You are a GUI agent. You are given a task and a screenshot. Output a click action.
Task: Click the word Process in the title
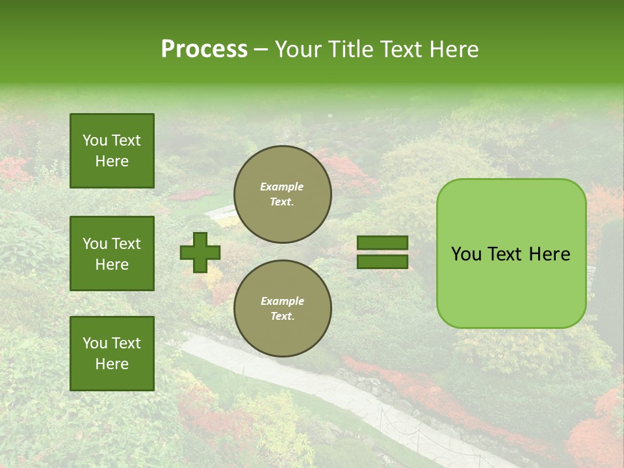click(x=204, y=49)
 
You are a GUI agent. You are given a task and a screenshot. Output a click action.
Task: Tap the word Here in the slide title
click(x=452, y=49)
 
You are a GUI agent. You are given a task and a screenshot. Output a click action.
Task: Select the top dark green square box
click(x=112, y=151)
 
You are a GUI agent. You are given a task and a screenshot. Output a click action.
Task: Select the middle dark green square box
click(x=112, y=253)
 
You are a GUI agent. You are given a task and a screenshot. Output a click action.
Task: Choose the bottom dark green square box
click(x=112, y=354)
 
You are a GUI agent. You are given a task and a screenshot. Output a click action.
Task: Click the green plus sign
click(x=200, y=252)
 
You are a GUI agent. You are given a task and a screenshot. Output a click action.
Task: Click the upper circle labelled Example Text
click(x=283, y=194)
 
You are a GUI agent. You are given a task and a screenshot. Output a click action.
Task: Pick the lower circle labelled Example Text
click(x=283, y=309)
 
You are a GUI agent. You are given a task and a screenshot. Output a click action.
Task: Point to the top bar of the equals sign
click(x=382, y=243)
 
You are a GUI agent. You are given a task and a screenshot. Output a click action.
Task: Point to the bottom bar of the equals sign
click(x=382, y=261)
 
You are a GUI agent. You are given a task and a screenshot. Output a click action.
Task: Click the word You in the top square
click(x=95, y=140)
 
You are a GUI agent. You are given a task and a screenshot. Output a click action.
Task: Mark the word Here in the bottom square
click(x=112, y=364)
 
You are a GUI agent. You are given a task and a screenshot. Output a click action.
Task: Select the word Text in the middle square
click(x=125, y=244)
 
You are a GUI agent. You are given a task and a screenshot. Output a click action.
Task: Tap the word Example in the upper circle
click(x=282, y=187)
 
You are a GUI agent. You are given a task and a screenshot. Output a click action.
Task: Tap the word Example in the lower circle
click(x=282, y=301)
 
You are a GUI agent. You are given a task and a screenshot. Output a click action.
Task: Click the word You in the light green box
click(x=466, y=254)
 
